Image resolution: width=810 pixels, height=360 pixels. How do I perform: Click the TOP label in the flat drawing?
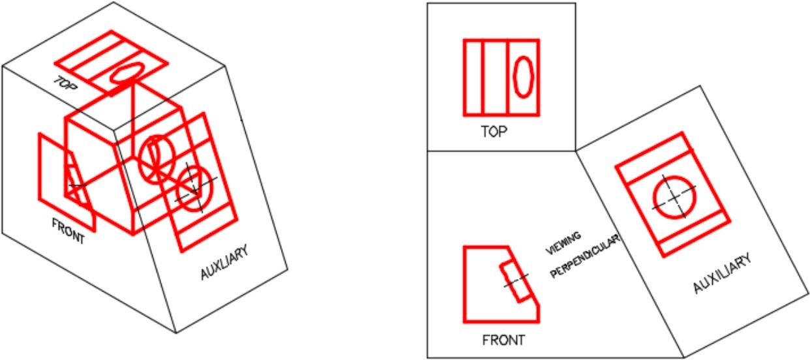494,132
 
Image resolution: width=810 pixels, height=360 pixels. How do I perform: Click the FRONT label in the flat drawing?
503,340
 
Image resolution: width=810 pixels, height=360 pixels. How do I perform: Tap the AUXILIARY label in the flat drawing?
722,273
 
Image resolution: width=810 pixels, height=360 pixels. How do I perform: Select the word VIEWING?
563,243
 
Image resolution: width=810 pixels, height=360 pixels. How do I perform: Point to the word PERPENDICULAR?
585,256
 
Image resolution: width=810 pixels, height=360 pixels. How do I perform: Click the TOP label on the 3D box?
65,83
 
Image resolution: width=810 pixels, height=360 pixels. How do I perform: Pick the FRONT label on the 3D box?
68,232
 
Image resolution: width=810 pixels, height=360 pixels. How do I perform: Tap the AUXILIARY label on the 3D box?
224,262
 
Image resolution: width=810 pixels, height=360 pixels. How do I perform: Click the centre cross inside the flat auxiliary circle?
674,198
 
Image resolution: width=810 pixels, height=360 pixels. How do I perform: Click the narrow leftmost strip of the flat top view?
473,78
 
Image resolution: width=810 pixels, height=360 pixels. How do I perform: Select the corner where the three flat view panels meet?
575,151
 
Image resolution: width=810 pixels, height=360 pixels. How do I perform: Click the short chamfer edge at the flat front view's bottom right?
534,299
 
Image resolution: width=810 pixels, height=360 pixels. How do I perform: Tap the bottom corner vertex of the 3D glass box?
176,333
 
